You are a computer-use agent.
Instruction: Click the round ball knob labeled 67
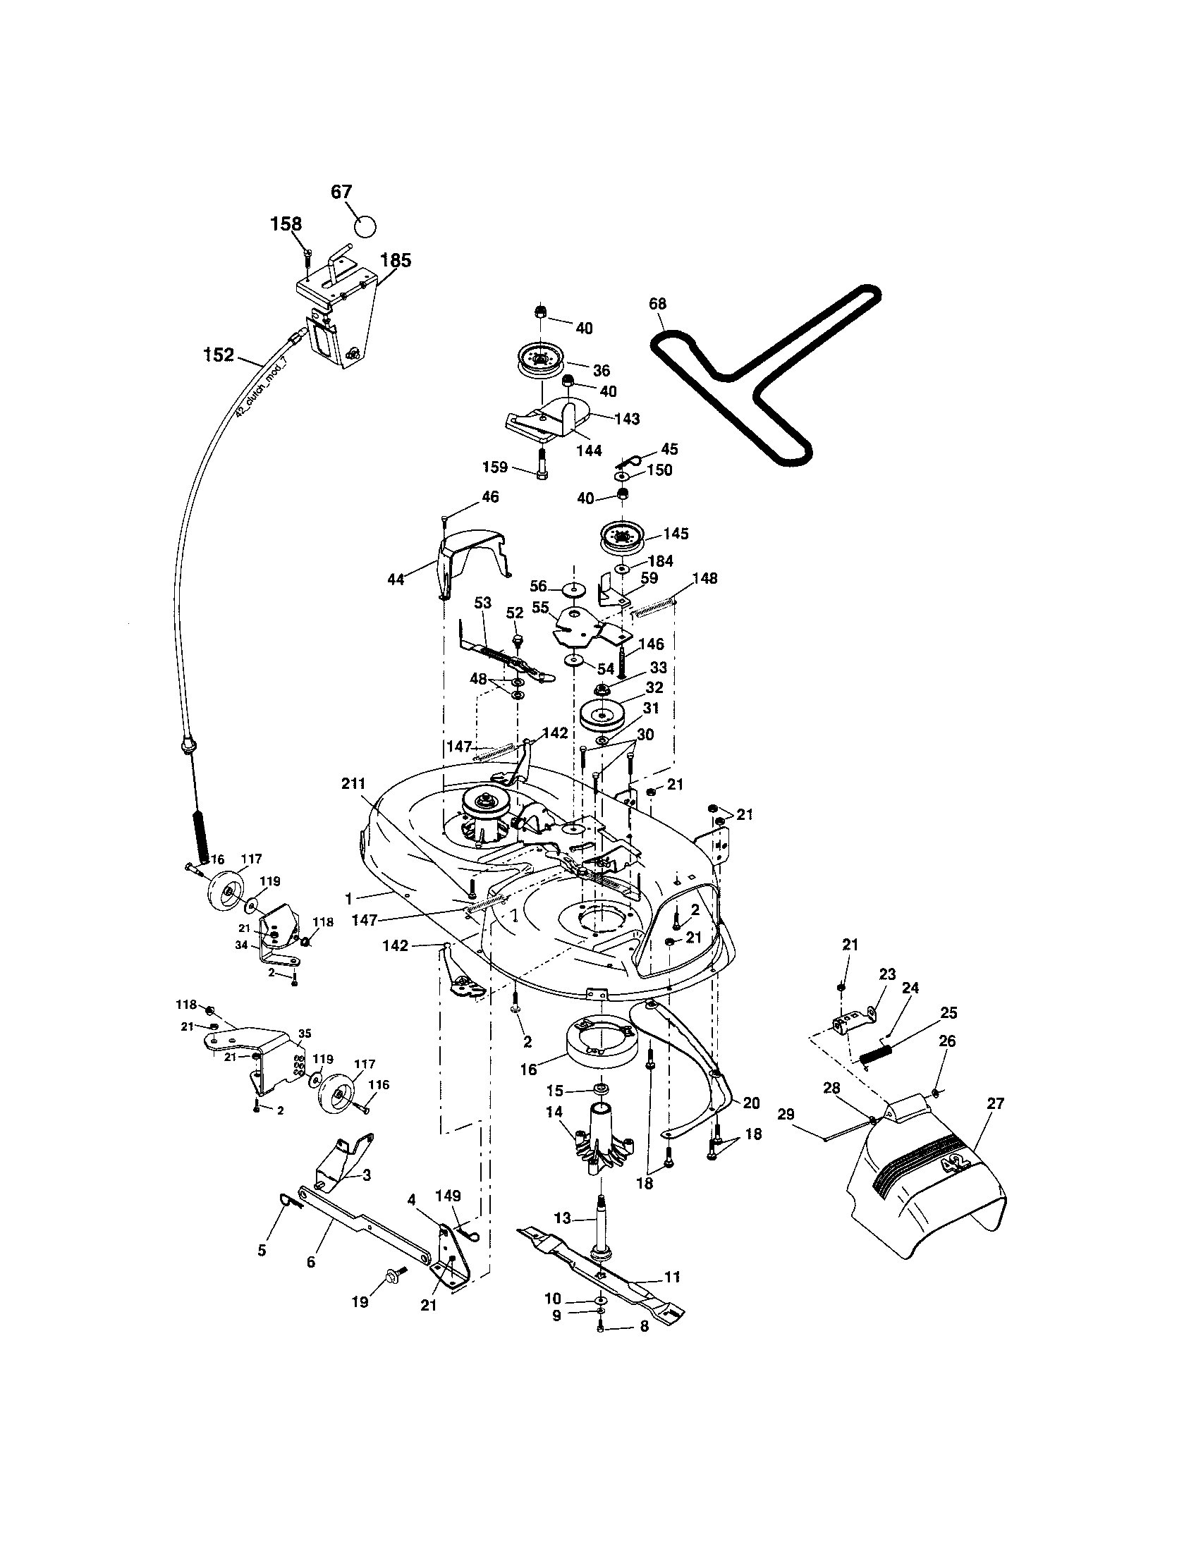(365, 226)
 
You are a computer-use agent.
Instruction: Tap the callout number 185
(396, 261)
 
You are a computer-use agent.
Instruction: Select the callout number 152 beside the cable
(218, 355)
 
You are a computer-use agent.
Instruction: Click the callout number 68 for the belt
(658, 304)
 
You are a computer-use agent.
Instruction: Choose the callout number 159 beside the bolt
(495, 467)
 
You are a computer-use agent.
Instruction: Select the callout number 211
(353, 784)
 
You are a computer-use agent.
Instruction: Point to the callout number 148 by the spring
(704, 578)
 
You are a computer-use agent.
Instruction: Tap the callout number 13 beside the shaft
(562, 1219)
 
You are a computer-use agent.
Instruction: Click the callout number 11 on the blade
(671, 1277)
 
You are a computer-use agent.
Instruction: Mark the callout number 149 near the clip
(448, 1195)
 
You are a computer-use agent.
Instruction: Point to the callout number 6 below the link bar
(311, 1262)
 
